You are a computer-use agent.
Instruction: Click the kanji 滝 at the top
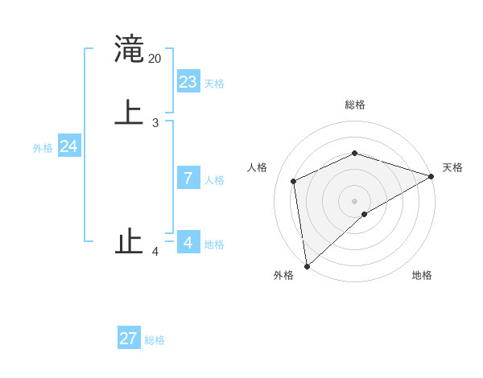click(x=130, y=49)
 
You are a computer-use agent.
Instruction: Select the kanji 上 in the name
click(x=130, y=112)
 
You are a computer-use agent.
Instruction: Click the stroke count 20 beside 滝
click(x=155, y=59)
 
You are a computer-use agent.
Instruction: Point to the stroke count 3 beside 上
click(x=155, y=122)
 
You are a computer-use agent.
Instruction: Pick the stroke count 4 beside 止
click(x=155, y=253)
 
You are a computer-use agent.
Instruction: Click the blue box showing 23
click(x=188, y=82)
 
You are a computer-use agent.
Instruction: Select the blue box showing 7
click(x=188, y=179)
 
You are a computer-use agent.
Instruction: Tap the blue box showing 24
click(x=69, y=146)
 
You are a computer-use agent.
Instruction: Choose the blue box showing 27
click(x=129, y=339)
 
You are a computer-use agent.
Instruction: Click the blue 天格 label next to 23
click(x=214, y=84)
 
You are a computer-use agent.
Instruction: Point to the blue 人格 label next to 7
click(x=214, y=180)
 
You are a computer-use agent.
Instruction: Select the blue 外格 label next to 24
click(x=43, y=148)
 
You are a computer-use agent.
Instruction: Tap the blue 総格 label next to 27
click(x=155, y=340)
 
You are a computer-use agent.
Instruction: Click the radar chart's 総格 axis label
click(x=355, y=105)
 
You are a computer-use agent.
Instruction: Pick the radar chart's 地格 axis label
click(x=422, y=275)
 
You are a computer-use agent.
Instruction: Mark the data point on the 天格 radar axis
click(x=431, y=176)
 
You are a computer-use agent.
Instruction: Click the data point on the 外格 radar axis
click(x=307, y=266)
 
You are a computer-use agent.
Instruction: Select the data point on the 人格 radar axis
click(x=294, y=181)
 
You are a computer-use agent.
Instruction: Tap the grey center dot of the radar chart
click(x=355, y=200)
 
